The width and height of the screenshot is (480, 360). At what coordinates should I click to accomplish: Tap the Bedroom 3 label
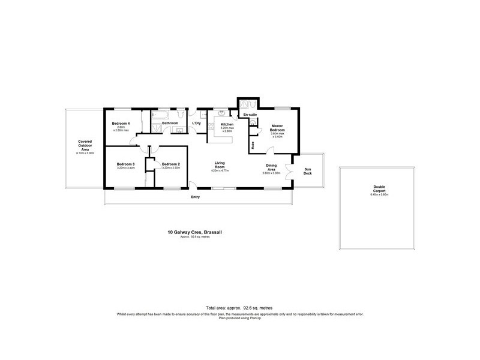125,164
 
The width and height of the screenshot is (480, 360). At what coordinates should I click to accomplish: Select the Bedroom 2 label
171,164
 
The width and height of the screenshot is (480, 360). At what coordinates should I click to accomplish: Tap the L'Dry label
196,124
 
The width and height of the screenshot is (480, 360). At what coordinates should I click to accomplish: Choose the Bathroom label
170,123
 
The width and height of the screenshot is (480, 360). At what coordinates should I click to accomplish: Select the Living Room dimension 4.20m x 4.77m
220,171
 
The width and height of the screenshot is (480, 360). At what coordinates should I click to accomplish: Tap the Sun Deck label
308,171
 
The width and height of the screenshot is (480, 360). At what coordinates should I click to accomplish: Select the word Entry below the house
195,197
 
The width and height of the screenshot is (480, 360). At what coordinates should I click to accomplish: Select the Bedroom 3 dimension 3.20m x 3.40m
125,168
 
